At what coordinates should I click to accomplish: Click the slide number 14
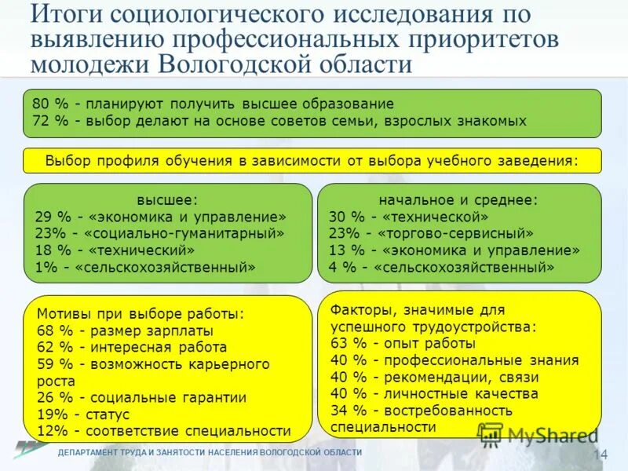coord(601,455)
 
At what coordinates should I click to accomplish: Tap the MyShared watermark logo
coord(539,435)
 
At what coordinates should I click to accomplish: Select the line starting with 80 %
coord(213,104)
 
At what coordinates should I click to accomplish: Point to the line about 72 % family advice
coord(279,121)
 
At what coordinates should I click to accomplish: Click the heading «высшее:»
coord(167,200)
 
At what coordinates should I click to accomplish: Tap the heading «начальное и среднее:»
coord(458,199)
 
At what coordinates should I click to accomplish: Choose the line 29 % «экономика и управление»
coord(161,217)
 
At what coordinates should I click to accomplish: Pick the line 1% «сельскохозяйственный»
coord(145,267)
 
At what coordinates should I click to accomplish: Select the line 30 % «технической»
coord(409,217)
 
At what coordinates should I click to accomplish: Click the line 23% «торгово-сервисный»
coord(431,233)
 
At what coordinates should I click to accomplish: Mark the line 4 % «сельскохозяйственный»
coord(442,267)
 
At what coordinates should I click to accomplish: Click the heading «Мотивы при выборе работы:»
coord(141,314)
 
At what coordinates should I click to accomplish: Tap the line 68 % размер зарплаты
coord(124,330)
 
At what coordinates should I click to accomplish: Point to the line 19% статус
coord(82,414)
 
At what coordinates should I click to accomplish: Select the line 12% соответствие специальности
coord(163,431)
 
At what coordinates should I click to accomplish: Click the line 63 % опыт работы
coord(403,343)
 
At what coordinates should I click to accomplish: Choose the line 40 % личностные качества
coord(434,393)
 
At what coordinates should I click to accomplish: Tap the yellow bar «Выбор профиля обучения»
coord(312,160)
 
